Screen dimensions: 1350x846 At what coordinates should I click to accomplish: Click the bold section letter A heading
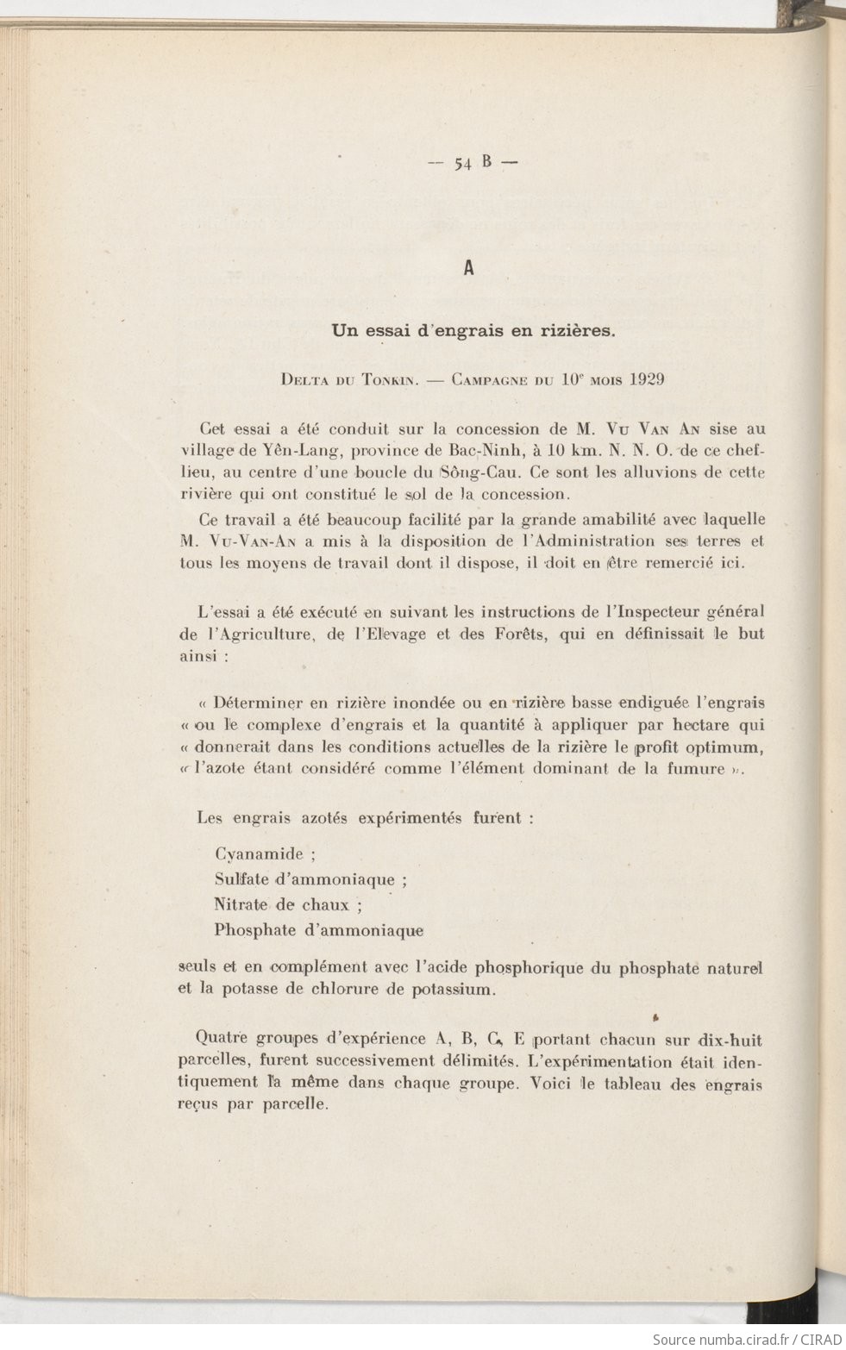[x=469, y=268]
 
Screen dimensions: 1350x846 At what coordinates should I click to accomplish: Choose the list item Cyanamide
[x=259, y=855]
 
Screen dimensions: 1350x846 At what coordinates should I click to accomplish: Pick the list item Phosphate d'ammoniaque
[x=319, y=930]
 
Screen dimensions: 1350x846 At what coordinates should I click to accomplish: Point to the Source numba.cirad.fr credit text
[x=745, y=1339]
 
